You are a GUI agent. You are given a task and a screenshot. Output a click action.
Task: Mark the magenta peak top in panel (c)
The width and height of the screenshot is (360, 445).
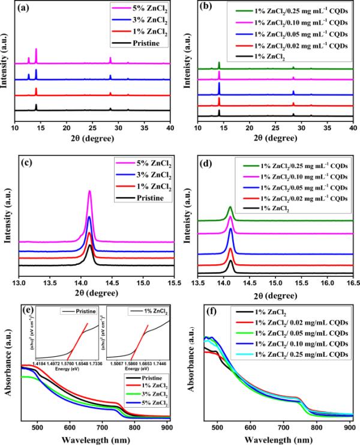tap(89, 191)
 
